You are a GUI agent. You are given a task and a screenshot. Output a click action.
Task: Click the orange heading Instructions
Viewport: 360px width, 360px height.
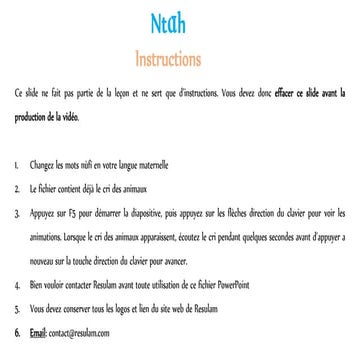coord(179,51)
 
